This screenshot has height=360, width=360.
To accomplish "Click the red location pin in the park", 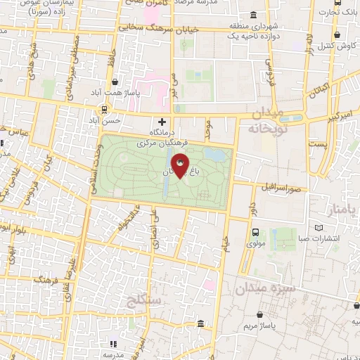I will [180, 165].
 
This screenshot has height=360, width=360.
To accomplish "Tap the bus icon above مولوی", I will [255, 232].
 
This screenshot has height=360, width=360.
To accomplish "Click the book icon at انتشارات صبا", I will [319, 228].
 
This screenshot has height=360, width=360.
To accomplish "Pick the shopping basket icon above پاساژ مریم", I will [263, 315].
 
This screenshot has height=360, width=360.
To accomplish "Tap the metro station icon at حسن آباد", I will [105, 109].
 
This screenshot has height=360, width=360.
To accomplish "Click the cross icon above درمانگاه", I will [162, 122].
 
